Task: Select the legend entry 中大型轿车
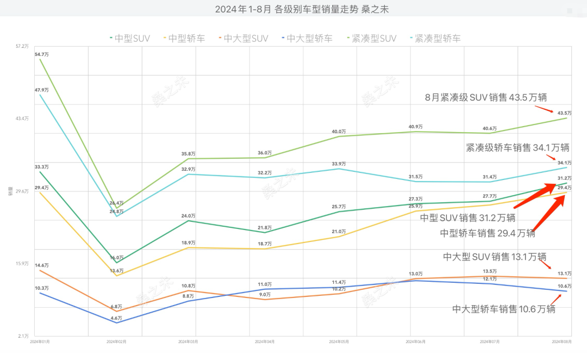tap(309, 39)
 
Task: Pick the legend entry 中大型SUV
tap(246, 39)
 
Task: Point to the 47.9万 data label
tap(41, 90)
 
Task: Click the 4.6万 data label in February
tap(116, 318)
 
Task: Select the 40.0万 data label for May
tap(339, 132)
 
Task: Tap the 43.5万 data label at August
tap(564, 112)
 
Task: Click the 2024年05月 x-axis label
tap(339, 342)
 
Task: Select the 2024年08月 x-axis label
tap(561, 342)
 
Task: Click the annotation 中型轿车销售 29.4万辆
tap(487, 233)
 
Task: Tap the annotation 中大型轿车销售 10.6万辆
tap(504, 309)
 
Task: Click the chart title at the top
tap(294, 9)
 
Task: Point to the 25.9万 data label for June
tap(415, 206)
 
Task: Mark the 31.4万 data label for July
tap(489, 177)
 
